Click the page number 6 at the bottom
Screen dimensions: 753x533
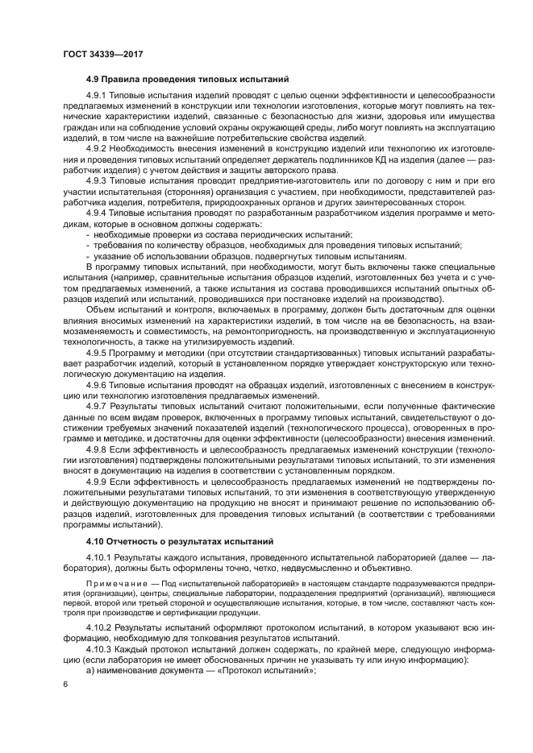(65, 684)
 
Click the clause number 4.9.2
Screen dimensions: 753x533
(99, 150)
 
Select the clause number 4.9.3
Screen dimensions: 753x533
(99, 182)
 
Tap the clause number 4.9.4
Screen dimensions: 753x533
(99, 214)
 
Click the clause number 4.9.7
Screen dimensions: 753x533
(99, 408)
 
